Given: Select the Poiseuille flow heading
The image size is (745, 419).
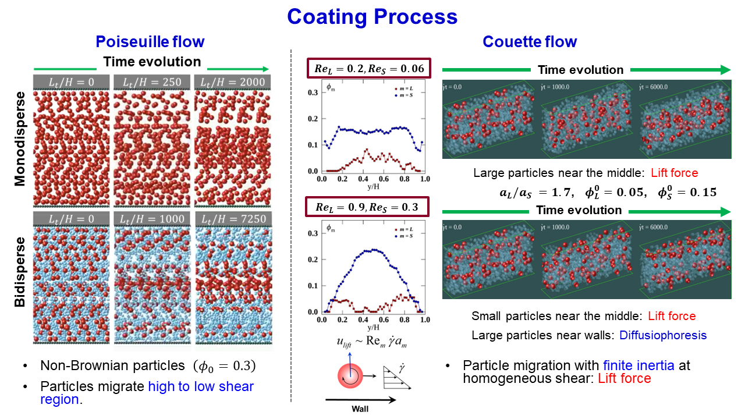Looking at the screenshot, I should tap(150, 42).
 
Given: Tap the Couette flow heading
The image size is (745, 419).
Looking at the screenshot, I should tap(530, 42).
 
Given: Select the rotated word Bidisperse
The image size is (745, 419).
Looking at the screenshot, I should tap(19, 271).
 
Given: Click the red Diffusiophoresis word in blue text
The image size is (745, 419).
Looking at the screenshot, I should tap(663, 335).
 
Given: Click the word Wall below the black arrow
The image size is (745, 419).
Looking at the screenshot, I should tap(360, 409).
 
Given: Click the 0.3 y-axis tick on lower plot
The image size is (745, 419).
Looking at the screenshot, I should tap(312, 233).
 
